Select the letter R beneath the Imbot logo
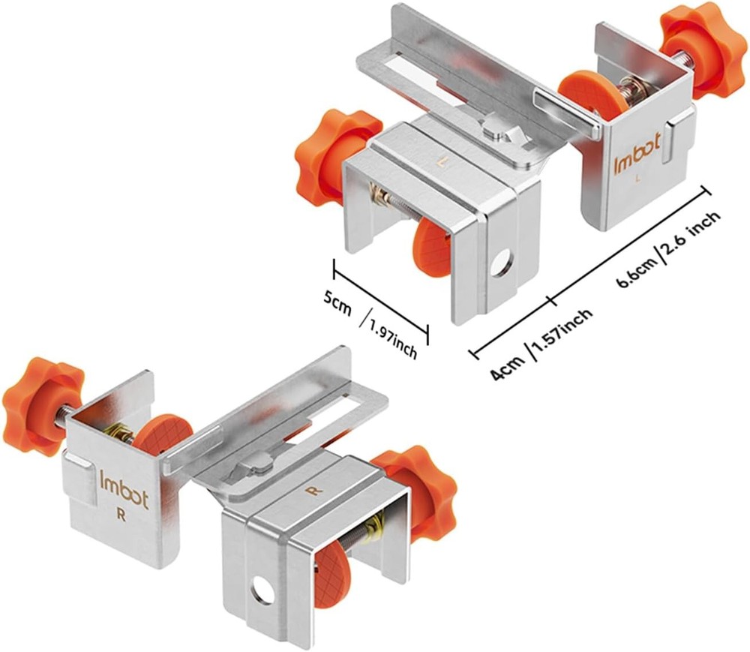[119, 515]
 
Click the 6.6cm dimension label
[634, 270]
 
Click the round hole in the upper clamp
[502, 263]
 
